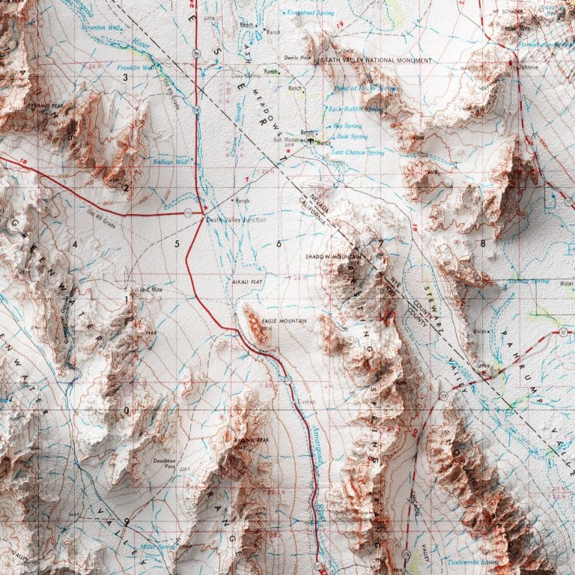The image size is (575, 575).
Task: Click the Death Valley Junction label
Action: point(237,219)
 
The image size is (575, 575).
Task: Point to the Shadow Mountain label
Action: point(329,257)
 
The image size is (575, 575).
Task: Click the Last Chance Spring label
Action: point(358,153)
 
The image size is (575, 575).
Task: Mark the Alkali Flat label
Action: point(247,281)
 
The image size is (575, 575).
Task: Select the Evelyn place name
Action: point(308,402)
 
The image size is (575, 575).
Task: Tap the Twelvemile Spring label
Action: point(474,561)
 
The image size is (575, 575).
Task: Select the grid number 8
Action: point(483,243)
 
